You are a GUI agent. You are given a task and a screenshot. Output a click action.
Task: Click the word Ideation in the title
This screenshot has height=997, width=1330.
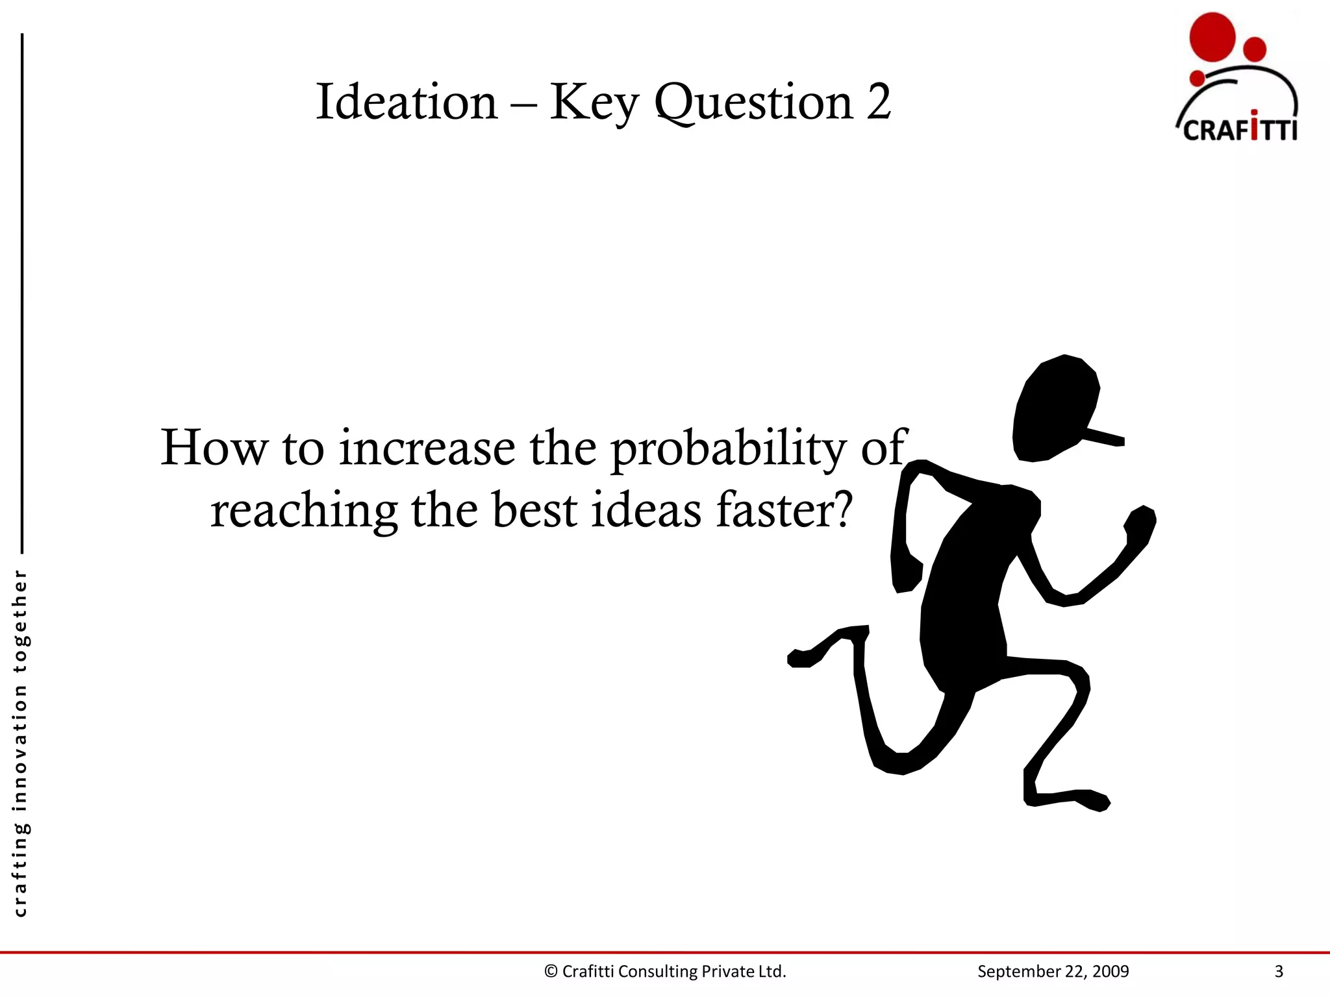point(407,103)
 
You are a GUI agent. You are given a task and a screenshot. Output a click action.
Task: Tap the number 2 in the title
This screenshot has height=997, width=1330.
point(879,103)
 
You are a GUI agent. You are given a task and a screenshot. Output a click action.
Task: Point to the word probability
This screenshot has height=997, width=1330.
point(729,449)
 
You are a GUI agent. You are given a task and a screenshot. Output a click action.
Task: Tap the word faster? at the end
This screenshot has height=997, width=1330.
point(784,510)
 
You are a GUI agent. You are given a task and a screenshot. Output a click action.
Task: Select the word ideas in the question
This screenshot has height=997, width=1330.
point(646,510)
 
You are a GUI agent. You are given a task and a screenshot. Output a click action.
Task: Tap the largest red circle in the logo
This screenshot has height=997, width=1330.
point(1212,38)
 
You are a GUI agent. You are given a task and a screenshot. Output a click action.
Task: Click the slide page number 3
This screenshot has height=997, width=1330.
point(1279,972)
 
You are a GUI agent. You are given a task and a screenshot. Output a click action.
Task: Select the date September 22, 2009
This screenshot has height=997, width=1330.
point(1053,972)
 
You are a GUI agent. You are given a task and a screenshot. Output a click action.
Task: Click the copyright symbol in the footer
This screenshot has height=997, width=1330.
point(551,972)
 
